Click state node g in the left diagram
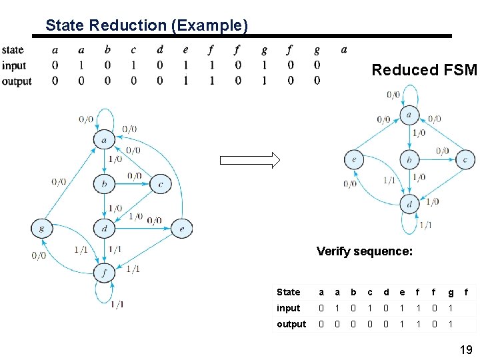(41, 229)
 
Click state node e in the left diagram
(181, 229)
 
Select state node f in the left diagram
(105, 272)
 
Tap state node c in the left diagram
(161, 183)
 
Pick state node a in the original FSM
(104, 140)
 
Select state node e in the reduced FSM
(354, 160)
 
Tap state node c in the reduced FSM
(465, 160)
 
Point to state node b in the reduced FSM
(409, 160)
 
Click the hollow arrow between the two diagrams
(250, 160)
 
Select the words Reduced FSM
(424, 70)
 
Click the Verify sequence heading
(365, 251)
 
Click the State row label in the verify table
(288, 292)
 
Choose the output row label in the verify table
(291, 324)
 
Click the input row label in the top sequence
(14, 65)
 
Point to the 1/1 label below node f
(117, 305)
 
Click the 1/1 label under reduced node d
(425, 225)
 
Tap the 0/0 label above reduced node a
(393, 95)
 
